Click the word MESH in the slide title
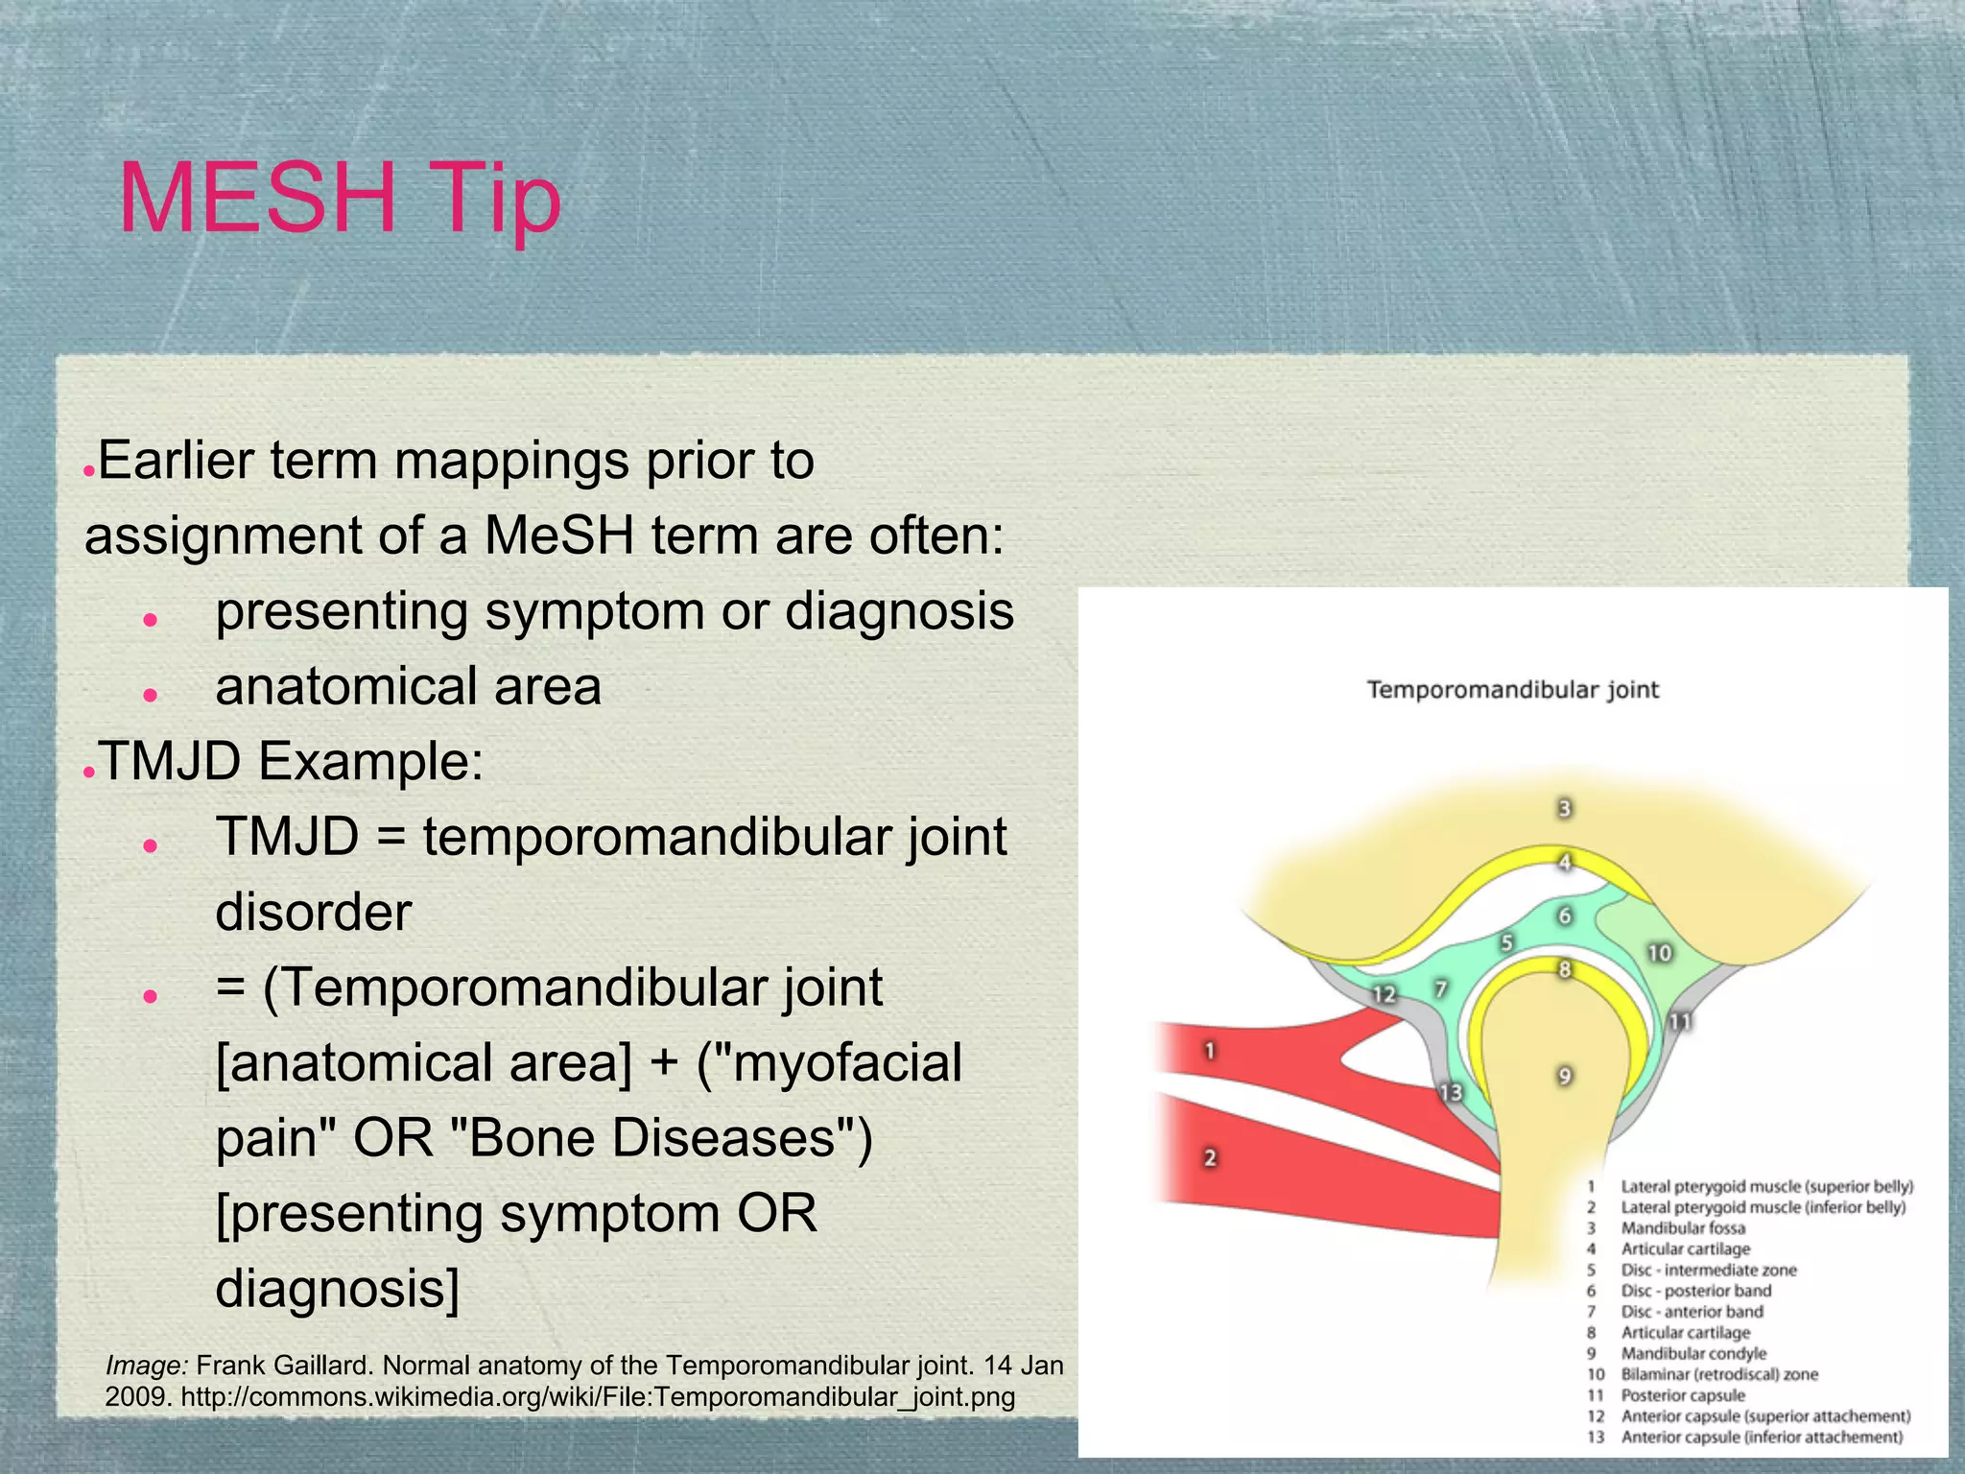pos(257,198)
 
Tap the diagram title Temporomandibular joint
pos(1512,690)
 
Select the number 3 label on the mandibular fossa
pos(1564,809)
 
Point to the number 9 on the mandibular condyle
pos(1564,1076)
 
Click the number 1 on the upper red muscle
pos(1209,1051)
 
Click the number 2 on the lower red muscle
pos(1210,1158)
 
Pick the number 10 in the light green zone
pos(1659,953)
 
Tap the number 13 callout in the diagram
pos(1450,1092)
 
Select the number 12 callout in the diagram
pos(1383,994)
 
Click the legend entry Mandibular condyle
pos(1693,1354)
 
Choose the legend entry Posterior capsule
pos(1682,1395)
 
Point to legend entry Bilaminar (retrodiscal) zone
pos(1718,1374)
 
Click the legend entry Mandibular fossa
pos(1682,1228)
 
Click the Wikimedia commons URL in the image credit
pos(597,1396)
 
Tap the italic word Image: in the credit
pos(146,1366)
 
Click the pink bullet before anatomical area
pos(150,694)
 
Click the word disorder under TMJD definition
pos(313,912)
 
